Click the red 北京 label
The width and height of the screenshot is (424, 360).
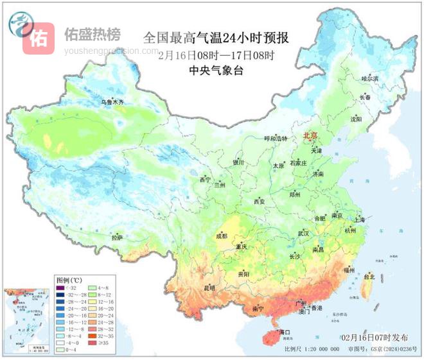click(312, 135)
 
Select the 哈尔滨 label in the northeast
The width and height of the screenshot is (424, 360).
click(369, 78)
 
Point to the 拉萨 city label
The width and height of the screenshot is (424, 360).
click(116, 237)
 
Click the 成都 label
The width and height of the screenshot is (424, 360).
click(222, 236)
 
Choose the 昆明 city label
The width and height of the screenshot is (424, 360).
click(209, 288)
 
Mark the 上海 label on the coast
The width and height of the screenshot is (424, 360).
click(358, 219)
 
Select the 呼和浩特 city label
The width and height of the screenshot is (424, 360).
click(276, 138)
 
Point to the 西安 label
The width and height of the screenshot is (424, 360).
click(259, 201)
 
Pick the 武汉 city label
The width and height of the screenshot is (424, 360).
click(303, 233)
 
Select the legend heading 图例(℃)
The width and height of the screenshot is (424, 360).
click(67, 280)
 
